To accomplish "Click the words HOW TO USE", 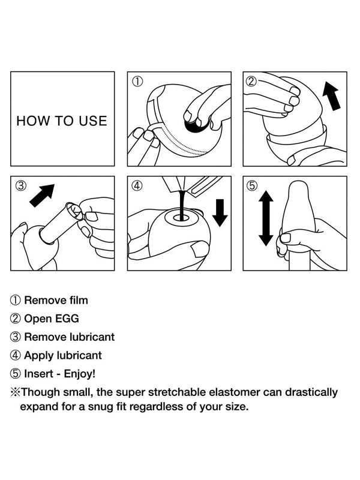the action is [x=62, y=121].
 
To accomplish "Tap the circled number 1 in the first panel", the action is [x=137, y=81].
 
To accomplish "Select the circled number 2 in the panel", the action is [x=251, y=81].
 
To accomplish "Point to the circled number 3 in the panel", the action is [x=20, y=185].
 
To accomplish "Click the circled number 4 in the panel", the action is [x=137, y=185].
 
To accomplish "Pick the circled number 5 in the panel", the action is [x=252, y=185].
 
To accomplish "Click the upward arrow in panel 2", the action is [x=332, y=95].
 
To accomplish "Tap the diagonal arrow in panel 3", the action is [x=42, y=196].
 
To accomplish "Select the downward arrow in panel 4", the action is [x=220, y=213].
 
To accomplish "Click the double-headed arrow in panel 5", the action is [x=266, y=218].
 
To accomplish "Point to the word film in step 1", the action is [x=79, y=300].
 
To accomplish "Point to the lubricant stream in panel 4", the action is [x=182, y=205].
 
